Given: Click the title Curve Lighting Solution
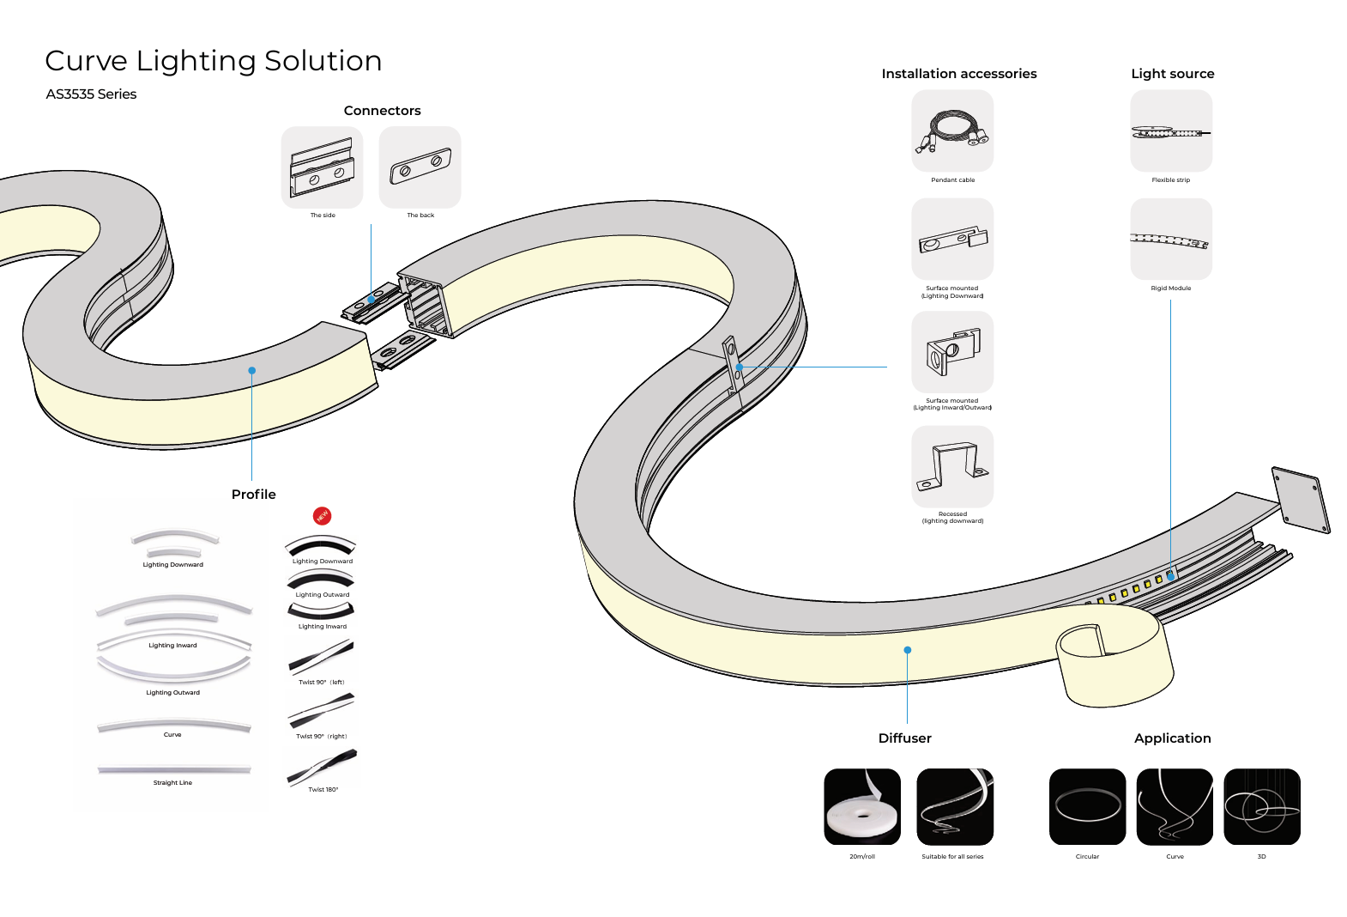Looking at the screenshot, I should [213, 61].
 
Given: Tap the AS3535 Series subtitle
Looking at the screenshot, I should [91, 94].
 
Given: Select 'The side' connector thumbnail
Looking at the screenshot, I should [322, 167].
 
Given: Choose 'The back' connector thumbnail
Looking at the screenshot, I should [420, 167].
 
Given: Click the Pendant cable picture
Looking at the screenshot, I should [952, 131].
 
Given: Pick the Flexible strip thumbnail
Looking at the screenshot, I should [1171, 131].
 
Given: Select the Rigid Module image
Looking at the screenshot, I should [1171, 240].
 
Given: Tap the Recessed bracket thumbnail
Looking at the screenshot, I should [952, 467].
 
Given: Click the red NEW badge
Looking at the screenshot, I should [323, 516].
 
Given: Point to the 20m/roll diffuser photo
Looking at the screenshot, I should [862, 806].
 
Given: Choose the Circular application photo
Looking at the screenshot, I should [1087, 806].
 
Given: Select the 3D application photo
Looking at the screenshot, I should [1262, 806].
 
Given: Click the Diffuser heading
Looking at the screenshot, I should [904, 738].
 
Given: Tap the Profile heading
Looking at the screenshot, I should [254, 495].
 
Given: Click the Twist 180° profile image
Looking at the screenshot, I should [322, 766].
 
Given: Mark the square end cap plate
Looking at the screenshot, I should [1301, 500].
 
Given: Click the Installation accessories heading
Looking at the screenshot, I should [959, 74].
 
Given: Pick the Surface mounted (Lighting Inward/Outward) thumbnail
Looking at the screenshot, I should [952, 352].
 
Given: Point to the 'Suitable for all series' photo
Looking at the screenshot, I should [955, 806].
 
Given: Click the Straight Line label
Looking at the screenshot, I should [172, 783].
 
